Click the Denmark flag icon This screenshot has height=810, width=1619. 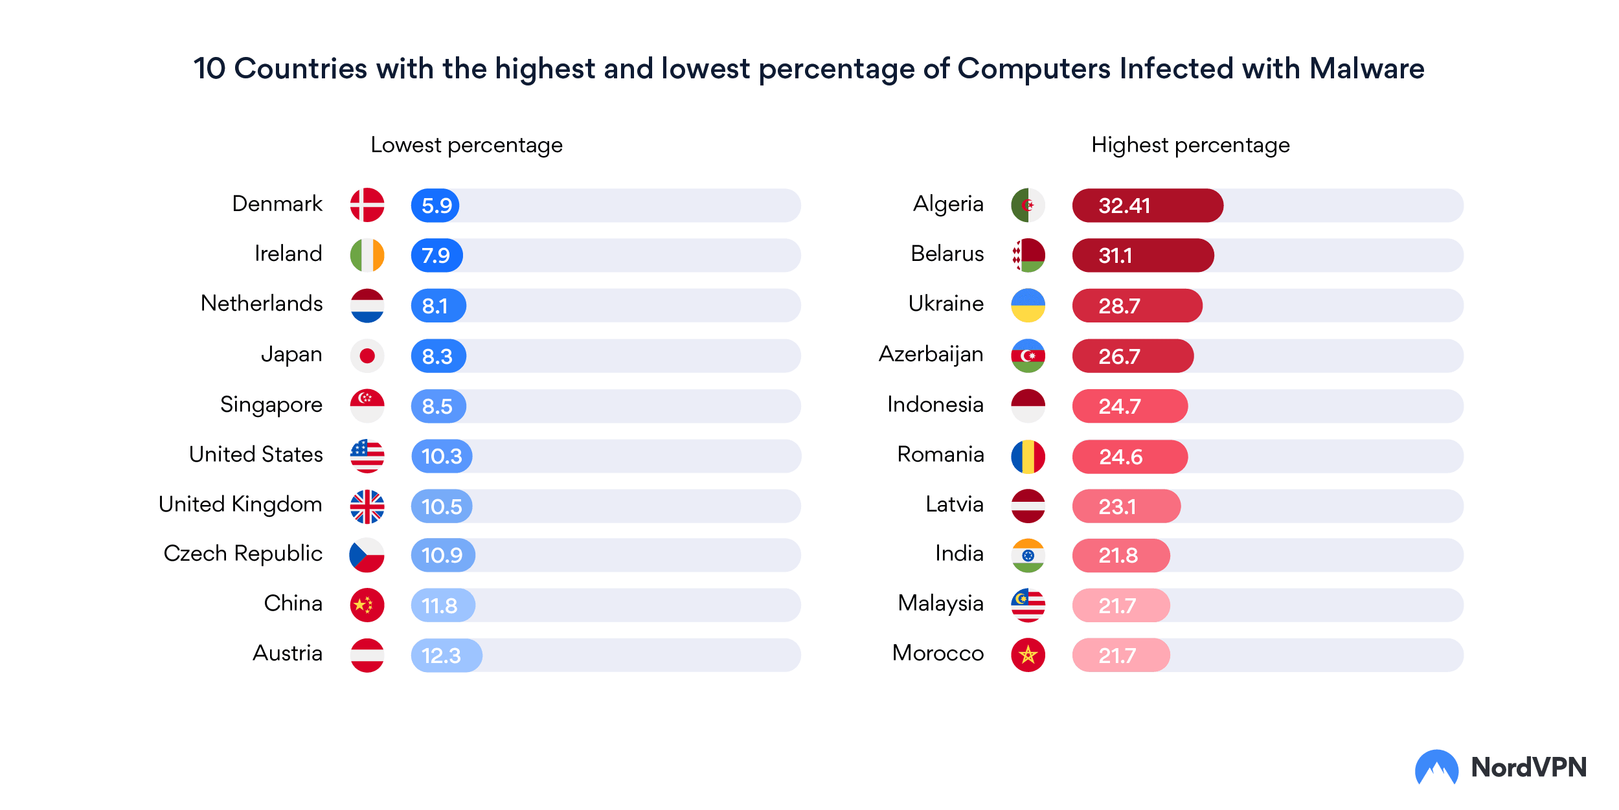367,205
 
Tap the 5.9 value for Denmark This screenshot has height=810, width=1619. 436,206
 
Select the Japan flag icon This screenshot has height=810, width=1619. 367,355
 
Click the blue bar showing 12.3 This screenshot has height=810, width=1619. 447,655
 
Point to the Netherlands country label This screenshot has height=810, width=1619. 262,303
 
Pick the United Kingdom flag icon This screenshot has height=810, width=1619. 367,506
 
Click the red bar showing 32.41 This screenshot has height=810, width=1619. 1148,206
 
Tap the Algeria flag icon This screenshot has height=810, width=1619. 1028,205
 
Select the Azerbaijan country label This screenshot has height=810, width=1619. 931,354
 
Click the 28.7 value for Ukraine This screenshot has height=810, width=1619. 1119,306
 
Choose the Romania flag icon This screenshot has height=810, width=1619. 1028,456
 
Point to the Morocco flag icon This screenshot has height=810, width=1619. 1028,655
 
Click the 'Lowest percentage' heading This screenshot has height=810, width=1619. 466,145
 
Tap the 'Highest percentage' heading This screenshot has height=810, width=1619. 1190,145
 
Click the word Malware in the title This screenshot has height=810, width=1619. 1366,69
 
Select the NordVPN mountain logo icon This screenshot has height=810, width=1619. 1436,768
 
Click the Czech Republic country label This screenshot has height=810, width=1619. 243,554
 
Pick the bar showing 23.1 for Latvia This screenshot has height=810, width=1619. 1126,506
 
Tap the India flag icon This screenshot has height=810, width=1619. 1028,555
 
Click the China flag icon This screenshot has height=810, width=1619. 367,605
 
